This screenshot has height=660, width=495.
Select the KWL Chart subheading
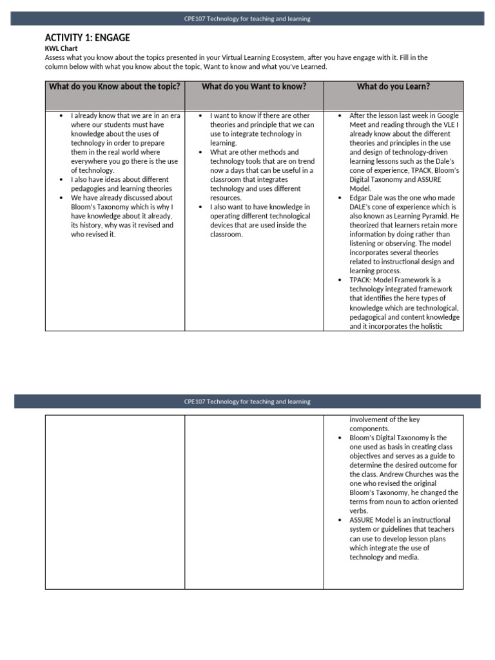(x=61, y=48)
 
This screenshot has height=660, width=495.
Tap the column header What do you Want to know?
(x=254, y=86)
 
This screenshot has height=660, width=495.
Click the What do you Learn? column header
(x=393, y=86)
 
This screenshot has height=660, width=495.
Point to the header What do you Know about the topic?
(x=115, y=86)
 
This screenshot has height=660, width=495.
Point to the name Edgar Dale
(x=368, y=198)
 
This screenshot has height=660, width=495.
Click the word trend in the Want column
(x=302, y=161)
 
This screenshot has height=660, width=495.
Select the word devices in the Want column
(x=222, y=226)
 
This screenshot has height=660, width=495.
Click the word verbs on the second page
(x=358, y=510)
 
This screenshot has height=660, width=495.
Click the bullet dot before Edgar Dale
(x=340, y=198)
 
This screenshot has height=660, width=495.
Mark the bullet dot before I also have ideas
(x=61, y=180)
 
